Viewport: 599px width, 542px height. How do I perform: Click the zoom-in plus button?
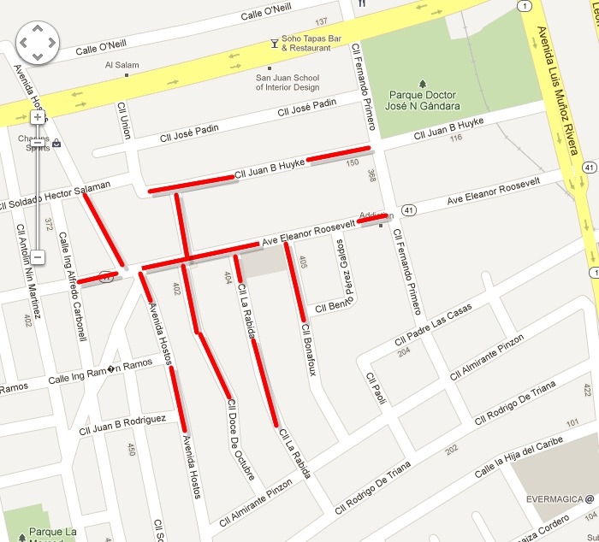pyautogui.click(x=38, y=117)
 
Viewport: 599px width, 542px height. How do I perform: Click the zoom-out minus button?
pyautogui.click(x=38, y=256)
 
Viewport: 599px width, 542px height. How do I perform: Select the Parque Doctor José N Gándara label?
pyautogui.click(x=424, y=100)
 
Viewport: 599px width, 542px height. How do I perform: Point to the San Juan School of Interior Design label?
pyautogui.click(x=288, y=82)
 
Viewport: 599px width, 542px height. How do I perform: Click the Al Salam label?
pyautogui.click(x=122, y=64)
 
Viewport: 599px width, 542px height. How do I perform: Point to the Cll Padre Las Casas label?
pyautogui.click(x=433, y=326)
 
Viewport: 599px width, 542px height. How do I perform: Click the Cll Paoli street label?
pyautogui.click(x=375, y=390)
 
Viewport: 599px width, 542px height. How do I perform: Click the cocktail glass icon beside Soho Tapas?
pyautogui.click(x=274, y=41)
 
